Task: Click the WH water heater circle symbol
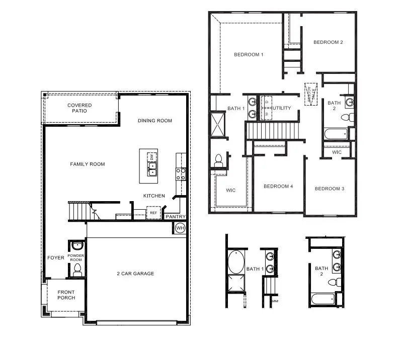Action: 180,228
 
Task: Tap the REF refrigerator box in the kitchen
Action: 153,213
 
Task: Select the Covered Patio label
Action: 80,108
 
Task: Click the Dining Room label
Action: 155,121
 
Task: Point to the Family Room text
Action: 88,164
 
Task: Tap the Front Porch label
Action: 66,295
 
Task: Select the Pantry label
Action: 176,217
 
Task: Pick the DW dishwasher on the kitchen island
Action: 151,157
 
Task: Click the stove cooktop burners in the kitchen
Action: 181,173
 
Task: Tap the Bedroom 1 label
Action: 249,55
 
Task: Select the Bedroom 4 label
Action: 278,187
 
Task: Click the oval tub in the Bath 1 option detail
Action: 235,262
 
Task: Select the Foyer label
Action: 56,258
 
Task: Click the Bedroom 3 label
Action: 330,189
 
